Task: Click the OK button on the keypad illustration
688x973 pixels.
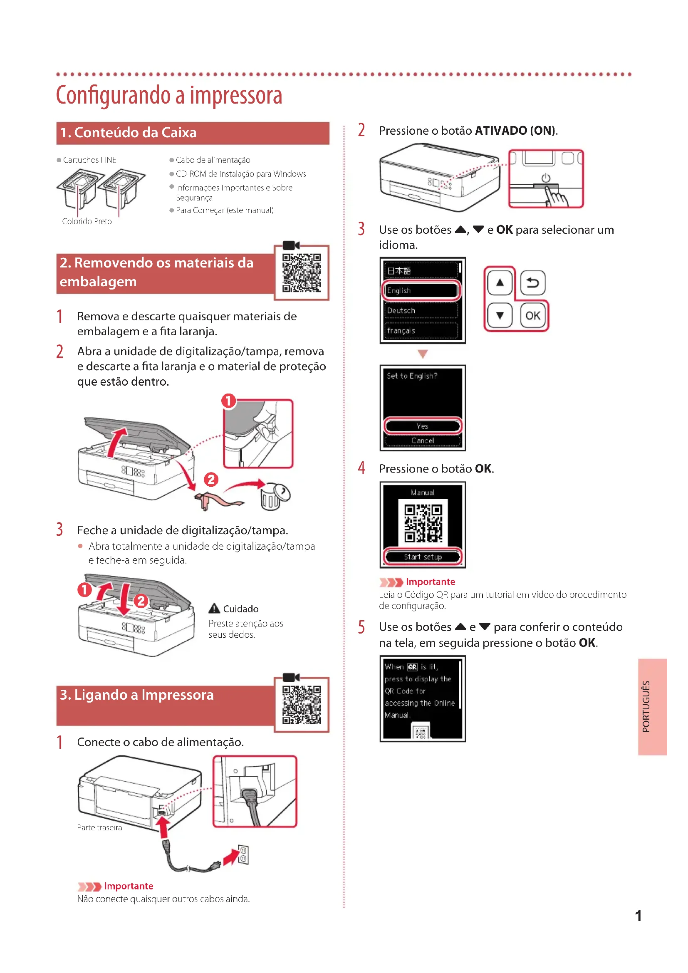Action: [x=532, y=316]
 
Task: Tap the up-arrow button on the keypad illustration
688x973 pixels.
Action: [x=500, y=282]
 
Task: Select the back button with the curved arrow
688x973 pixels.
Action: [x=532, y=282]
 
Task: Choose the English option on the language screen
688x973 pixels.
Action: [x=421, y=291]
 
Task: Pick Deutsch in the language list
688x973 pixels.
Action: [x=421, y=311]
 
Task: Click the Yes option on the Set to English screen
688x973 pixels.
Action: [x=422, y=426]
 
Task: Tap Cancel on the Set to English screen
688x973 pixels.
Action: [x=422, y=441]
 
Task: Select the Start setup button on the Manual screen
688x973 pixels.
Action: [x=422, y=557]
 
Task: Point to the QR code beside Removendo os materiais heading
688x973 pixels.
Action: [x=302, y=273]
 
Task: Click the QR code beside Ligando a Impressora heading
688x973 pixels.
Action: [x=302, y=705]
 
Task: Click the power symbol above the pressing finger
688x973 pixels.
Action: [x=546, y=178]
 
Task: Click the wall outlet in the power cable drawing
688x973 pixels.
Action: [x=243, y=854]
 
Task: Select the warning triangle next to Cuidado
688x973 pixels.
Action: [x=214, y=609]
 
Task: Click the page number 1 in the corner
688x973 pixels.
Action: [x=638, y=916]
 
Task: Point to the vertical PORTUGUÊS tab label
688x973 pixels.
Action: [x=646, y=706]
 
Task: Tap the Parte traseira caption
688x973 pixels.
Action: [x=99, y=828]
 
